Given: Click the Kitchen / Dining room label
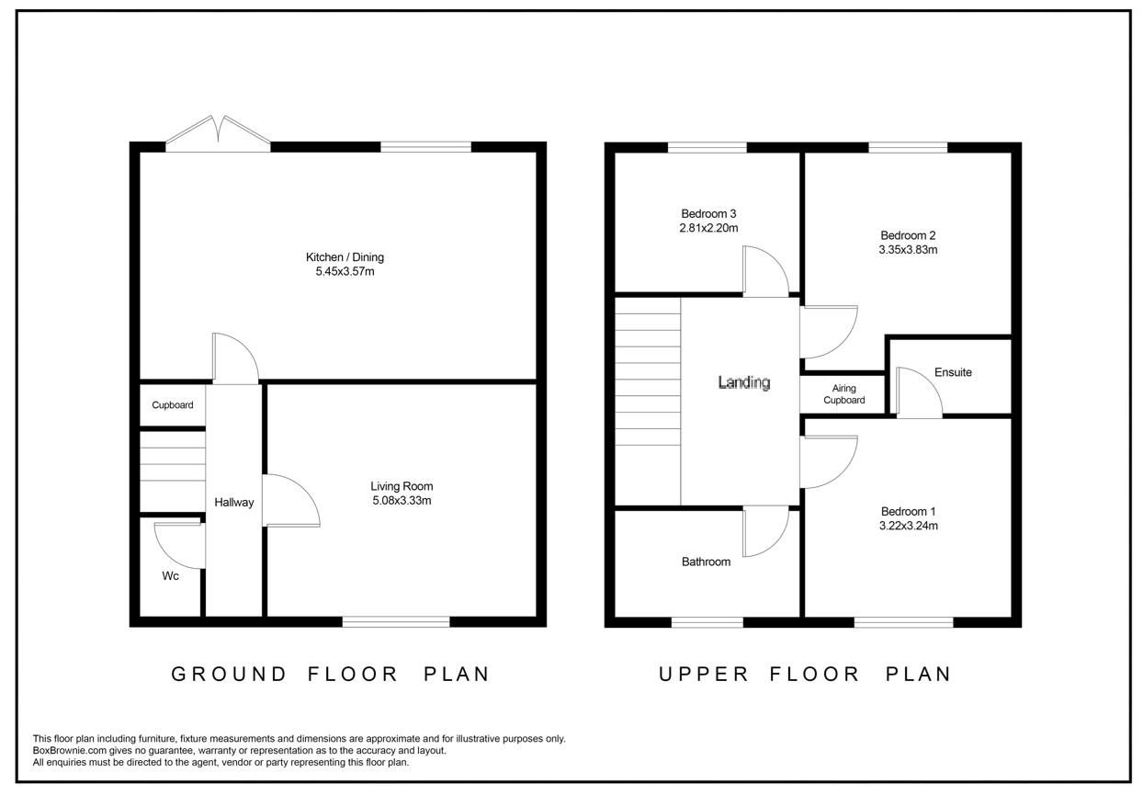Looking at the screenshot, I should [x=345, y=257].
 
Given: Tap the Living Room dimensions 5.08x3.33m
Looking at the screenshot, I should [x=401, y=501].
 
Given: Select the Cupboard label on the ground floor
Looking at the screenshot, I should [x=173, y=404].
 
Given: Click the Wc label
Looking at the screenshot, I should [x=170, y=576].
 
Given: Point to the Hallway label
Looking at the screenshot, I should [x=233, y=503].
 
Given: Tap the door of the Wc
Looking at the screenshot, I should [x=178, y=545].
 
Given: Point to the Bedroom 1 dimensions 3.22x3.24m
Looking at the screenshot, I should [x=909, y=527].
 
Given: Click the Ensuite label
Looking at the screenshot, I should [x=953, y=372].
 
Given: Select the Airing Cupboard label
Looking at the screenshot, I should [x=843, y=394].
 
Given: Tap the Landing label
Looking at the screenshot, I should [x=743, y=382].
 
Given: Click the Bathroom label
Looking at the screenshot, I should [x=706, y=562].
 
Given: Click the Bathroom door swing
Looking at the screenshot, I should [x=765, y=532].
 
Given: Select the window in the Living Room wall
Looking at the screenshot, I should [x=396, y=622].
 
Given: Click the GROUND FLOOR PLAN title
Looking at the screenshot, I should [x=331, y=674].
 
